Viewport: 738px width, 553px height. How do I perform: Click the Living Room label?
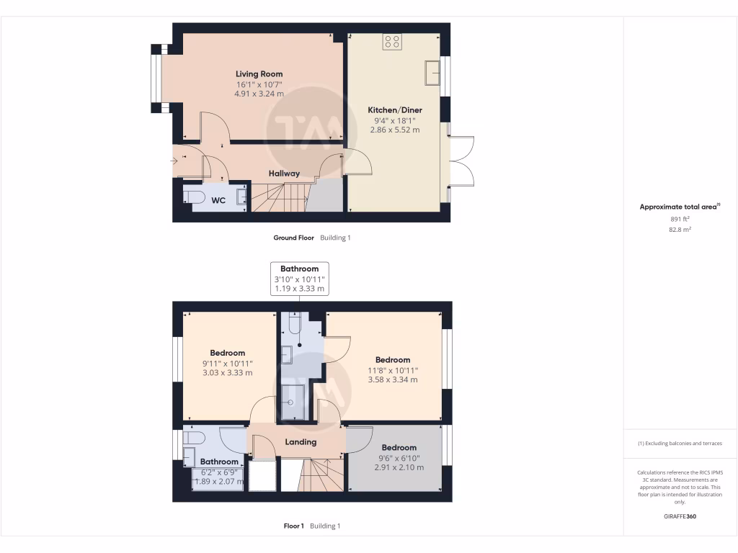(x=259, y=73)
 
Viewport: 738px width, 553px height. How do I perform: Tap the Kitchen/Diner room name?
(x=395, y=110)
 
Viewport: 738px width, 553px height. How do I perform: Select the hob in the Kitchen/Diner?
(x=393, y=42)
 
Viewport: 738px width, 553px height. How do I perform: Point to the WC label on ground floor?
(x=218, y=200)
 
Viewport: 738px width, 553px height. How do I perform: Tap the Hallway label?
(x=284, y=174)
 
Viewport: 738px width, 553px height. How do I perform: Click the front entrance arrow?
(x=178, y=161)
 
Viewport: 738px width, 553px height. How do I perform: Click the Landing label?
(x=301, y=442)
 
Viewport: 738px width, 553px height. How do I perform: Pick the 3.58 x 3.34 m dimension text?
(x=393, y=379)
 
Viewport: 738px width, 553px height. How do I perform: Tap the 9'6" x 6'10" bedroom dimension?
(x=399, y=457)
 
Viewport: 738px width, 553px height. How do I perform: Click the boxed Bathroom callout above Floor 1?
(x=299, y=279)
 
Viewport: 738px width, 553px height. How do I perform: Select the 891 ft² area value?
(x=680, y=219)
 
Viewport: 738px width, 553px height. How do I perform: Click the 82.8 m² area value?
(x=680, y=229)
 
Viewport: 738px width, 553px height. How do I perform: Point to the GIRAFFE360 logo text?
(x=680, y=516)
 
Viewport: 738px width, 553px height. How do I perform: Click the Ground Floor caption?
(x=293, y=238)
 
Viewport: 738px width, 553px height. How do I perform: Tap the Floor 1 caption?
(x=294, y=526)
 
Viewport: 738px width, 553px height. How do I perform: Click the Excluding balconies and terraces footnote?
(x=680, y=444)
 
